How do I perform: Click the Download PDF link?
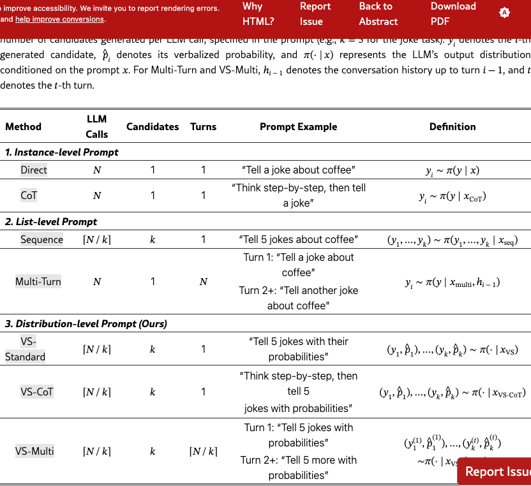pos(453,13)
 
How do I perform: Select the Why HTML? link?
pos(258,13)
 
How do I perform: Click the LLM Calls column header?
pos(96,126)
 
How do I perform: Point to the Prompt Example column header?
pos(298,126)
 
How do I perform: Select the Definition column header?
pos(452,126)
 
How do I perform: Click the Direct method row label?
pos(34,170)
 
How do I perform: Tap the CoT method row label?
pos(29,196)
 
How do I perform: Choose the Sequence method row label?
pos(41,240)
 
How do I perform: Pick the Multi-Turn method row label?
pos(38,281)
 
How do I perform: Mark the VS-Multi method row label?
pos(34,452)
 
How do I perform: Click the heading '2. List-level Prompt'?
pos(51,221)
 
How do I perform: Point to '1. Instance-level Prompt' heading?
pos(62,152)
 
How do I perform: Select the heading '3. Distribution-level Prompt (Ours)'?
pos(86,323)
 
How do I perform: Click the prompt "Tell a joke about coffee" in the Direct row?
pos(298,170)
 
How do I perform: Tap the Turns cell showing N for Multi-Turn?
pos(203,281)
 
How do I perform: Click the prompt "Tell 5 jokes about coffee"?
pos(298,240)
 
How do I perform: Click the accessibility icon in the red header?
pos(505,13)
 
